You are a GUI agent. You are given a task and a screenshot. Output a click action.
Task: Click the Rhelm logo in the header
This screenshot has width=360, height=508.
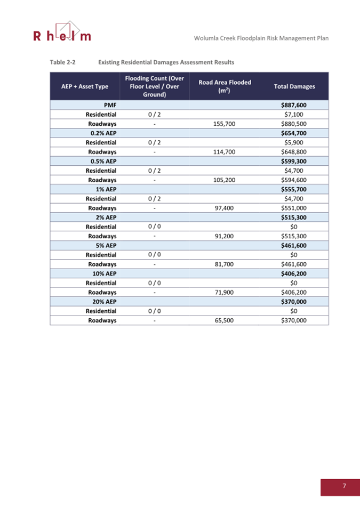pos(62,32)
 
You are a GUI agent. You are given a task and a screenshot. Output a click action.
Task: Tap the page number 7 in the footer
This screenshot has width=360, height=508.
pos(345,486)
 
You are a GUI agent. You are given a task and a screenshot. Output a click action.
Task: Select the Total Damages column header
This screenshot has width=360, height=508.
pos(294,86)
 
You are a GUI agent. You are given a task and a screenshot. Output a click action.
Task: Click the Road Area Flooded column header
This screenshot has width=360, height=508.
pos(225,86)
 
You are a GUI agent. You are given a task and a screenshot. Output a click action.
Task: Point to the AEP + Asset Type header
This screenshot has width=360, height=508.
pos(85,86)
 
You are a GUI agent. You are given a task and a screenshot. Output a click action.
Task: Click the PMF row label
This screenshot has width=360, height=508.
pos(110,105)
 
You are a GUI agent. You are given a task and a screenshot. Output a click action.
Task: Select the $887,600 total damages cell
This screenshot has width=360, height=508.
pos(293,105)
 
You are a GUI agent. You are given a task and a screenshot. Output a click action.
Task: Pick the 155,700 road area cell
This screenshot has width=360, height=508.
pos(224,124)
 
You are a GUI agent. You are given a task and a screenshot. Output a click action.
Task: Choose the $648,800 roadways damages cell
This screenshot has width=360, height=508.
pos(293,152)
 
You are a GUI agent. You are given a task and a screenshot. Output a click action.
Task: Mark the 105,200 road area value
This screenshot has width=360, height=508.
pos(224,180)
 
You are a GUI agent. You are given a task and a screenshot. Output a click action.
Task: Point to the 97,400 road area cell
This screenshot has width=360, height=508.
pos(225,208)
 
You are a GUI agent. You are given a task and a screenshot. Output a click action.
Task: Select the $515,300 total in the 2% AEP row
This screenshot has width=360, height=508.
pos(293,217)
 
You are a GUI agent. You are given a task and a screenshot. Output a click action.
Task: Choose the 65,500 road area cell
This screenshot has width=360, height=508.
pos(225,320)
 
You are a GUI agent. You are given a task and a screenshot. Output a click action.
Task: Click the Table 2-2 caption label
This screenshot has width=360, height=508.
pos(62,62)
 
